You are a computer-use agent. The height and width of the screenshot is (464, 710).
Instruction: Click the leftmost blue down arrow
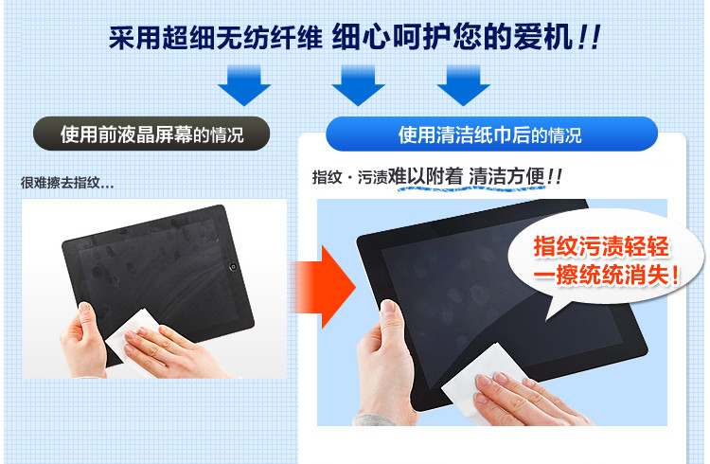[244, 85]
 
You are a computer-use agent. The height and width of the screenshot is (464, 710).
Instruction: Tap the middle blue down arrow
[358, 85]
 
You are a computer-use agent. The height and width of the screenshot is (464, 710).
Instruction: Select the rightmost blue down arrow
[463, 85]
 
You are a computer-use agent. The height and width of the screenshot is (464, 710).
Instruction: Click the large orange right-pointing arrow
[324, 286]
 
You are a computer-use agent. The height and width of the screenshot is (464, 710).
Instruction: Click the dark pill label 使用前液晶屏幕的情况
[151, 134]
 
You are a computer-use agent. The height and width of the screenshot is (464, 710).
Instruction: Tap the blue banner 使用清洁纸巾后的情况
[491, 134]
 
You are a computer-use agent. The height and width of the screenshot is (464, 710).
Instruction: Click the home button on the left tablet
[233, 266]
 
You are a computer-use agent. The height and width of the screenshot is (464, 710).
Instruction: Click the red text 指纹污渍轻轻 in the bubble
[601, 247]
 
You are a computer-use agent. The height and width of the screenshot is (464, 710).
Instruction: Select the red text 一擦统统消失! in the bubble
[606, 275]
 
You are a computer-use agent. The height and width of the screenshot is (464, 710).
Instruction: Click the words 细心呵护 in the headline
[391, 37]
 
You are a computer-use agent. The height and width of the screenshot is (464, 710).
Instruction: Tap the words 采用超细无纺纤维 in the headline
[215, 37]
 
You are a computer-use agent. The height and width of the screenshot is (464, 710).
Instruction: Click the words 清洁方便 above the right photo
[506, 176]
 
